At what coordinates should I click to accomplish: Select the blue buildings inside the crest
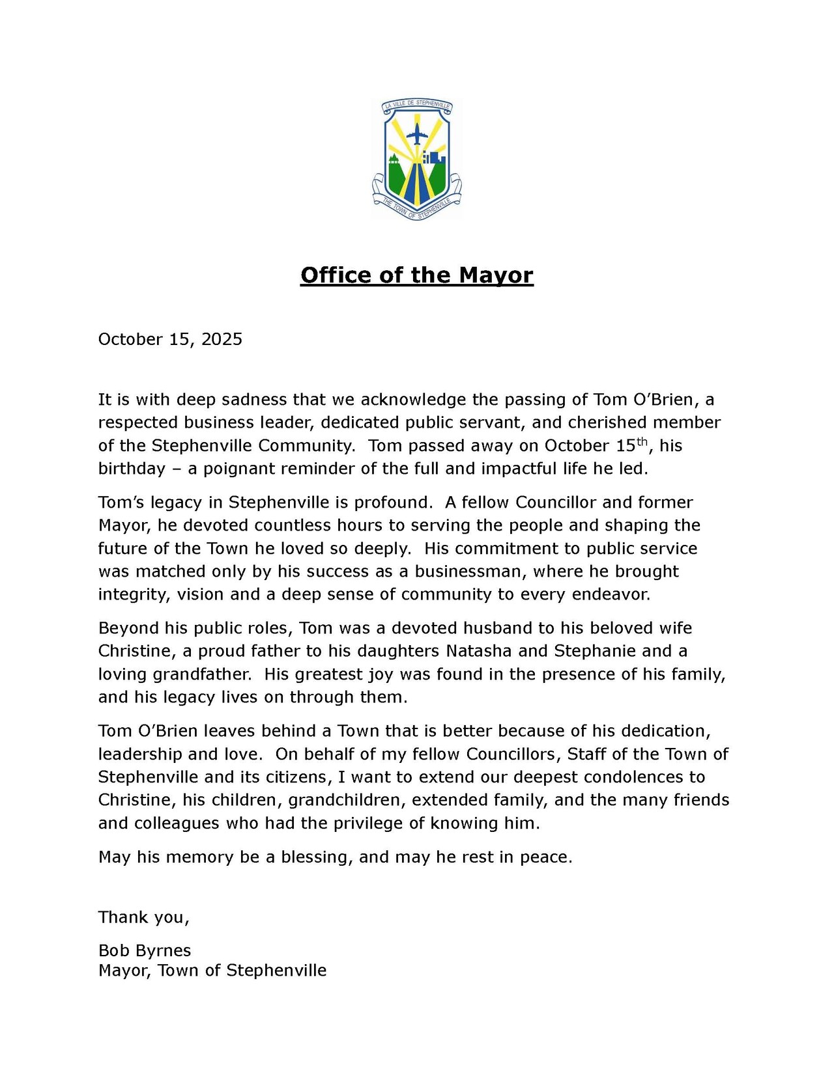point(435,158)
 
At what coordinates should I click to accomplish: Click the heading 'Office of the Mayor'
point(417,275)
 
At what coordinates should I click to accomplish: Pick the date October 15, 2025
point(170,339)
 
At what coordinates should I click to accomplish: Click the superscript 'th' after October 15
point(642,441)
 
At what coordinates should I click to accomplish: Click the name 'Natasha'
point(479,652)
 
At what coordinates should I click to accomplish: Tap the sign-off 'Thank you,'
point(144,918)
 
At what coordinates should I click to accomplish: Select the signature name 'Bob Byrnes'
point(145,951)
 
